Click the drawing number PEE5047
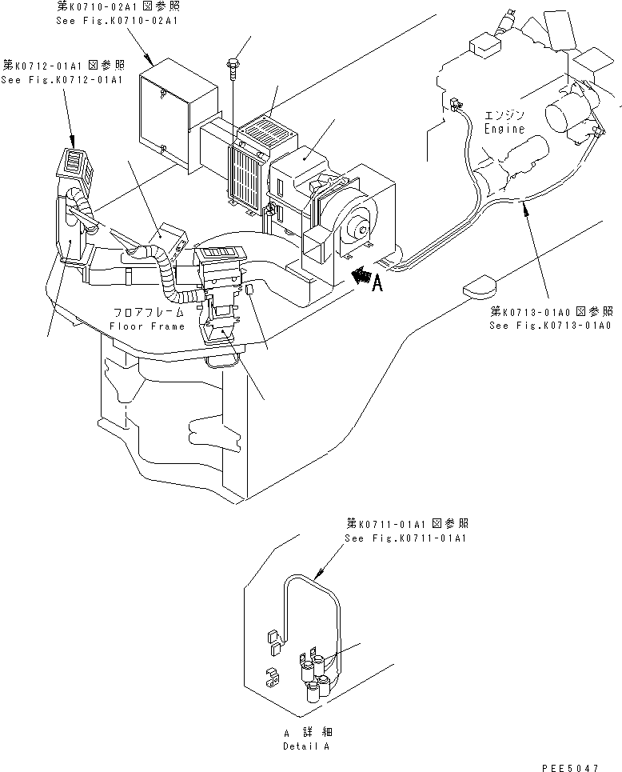(569, 766)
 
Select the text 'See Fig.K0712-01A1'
(62, 80)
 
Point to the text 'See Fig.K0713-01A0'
(551, 326)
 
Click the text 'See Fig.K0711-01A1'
(405, 538)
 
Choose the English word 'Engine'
(504, 129)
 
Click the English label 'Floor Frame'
(148, 326)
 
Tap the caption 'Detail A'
(305, 746)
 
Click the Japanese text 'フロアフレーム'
(148, 313)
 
